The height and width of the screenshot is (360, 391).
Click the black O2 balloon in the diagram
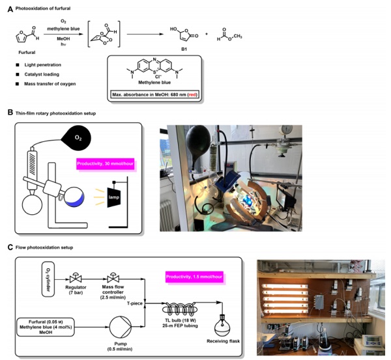78,138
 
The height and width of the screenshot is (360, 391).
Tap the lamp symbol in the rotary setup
113,197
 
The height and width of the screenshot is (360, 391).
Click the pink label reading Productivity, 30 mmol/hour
105,164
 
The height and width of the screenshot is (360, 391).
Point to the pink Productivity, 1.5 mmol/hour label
194,277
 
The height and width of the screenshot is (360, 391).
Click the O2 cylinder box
48,279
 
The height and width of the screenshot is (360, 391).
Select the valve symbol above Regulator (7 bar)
76,277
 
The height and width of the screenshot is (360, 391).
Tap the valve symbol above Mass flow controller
113,277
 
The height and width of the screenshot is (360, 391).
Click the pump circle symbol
120,327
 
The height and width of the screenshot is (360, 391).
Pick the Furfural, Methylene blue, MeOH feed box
46,327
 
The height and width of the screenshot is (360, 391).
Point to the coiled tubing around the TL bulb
180,310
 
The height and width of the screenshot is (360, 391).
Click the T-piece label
135,303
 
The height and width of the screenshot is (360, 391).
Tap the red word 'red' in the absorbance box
192,94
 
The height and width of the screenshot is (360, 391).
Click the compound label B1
184,49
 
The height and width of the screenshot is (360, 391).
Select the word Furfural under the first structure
27,53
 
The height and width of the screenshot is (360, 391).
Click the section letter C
10,247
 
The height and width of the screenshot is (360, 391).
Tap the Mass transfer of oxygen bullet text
50,84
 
